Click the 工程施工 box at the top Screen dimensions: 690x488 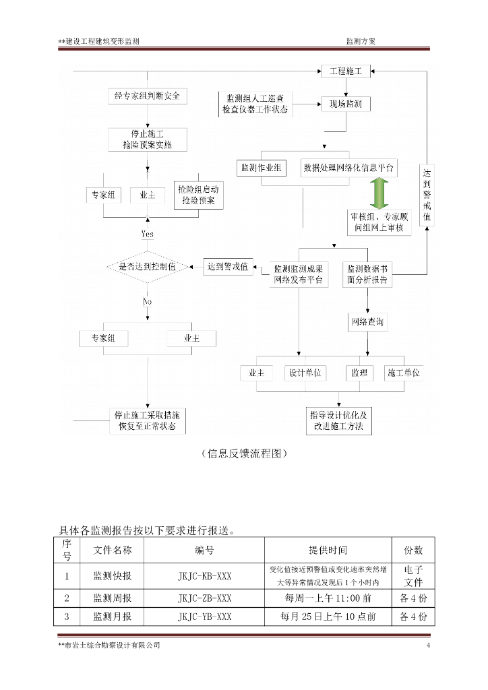pos(345,71)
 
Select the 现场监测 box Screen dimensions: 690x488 pos(345,104)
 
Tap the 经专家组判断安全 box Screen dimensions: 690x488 pos(147,96)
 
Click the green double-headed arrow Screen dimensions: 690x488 pos(378,193)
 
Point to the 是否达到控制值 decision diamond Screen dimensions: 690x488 pos(147,267)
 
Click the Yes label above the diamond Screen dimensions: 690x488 pos(147,234)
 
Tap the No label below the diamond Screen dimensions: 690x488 pos(147,302)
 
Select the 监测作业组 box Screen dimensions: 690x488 pos(262,168)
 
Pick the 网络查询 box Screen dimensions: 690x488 pos(368,322)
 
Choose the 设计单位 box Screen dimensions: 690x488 pos(305,373)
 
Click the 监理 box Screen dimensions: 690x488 pos(359,373)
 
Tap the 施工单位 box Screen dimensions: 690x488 pos(404,373)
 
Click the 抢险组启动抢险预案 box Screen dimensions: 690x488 pos(198,195)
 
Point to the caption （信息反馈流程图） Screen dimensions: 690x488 pos(244,453)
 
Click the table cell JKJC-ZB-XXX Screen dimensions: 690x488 pos(204,598)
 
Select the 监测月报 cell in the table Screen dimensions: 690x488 pos(113,616)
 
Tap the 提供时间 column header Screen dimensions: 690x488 pos(328,550)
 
